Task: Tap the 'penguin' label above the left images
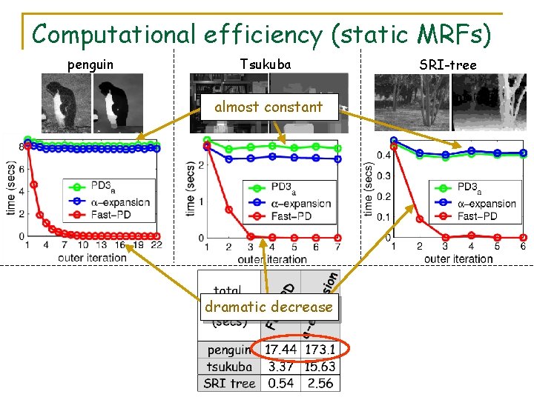click(x=90, y=64)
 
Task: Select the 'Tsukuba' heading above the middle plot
click(x=266, y=64)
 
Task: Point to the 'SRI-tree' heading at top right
click(x=448, y=65)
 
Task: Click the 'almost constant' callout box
click(x=268, y=107)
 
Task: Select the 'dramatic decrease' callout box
click(x=268, y=307)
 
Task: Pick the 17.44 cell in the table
click(x=281, y=349)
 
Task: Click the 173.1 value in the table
click(x=320, y=349)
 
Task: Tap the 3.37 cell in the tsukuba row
click(x=281, y=366)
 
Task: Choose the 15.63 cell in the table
click(x=320, y=366)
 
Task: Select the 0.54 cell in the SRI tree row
click(x=281, y=383)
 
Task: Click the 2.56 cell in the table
click(x=320, y=383)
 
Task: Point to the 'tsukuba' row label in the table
click(x=229, y=366)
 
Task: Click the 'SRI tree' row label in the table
click(x=229, y=383)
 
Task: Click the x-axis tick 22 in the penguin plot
click(x=156, y=244)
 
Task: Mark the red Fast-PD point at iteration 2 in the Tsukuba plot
click(x=228, y=210)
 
